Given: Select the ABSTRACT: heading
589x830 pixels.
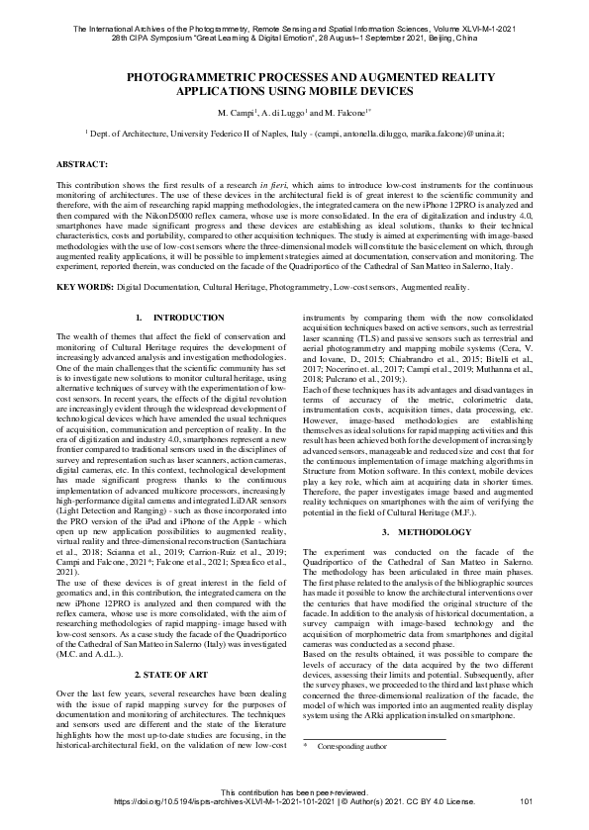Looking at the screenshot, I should coord(82,161).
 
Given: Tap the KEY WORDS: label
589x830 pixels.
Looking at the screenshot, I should coord(86,287).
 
